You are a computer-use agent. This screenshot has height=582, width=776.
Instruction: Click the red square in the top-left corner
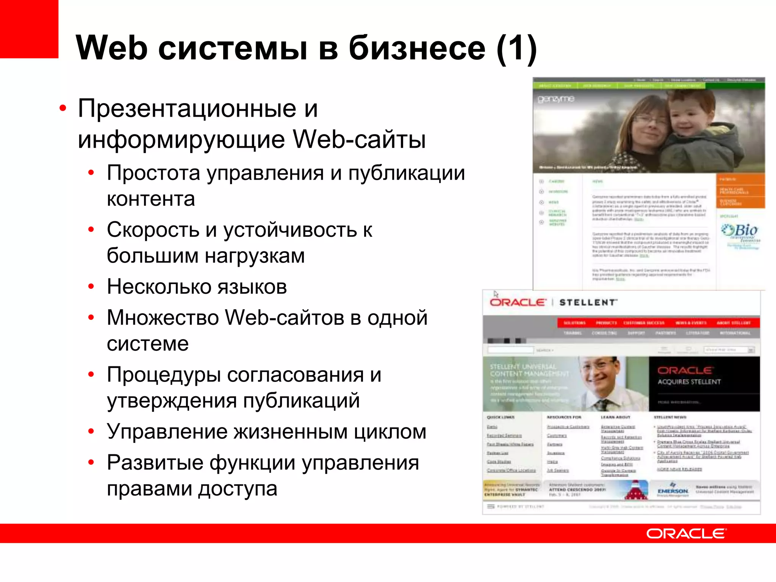click(29, 29)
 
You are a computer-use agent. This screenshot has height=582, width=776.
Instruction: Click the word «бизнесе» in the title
click(416, 48)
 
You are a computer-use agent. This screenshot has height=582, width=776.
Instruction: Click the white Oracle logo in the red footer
click(686, 533)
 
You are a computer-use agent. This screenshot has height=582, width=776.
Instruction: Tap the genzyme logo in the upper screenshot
click(556, 99)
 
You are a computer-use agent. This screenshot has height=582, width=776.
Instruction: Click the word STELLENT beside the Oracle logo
click(588, 302)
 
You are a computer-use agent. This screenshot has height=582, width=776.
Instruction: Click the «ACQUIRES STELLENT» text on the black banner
click(689, 382)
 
